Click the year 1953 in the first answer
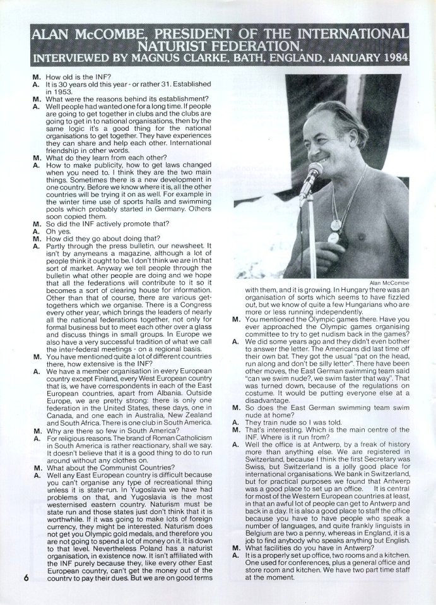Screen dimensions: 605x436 (56, 91)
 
